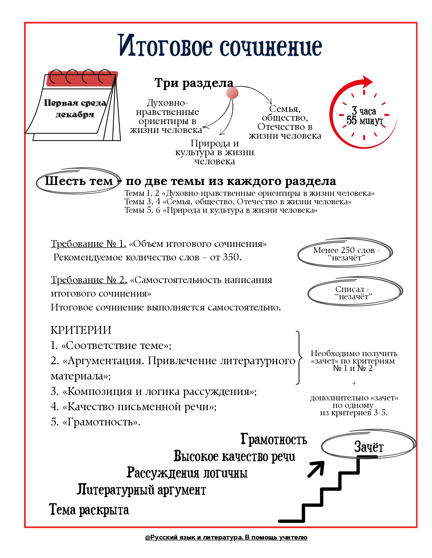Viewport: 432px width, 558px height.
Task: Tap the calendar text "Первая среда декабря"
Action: pyautogui.click(x=75, y=109)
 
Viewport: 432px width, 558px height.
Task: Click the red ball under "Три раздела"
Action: pyautogui.click(x=232, y=93)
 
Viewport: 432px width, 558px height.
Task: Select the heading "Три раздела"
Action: pyautogui.click(x=194, y=83)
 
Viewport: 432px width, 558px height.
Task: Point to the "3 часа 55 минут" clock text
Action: pyautogui.click(x=364, y=116)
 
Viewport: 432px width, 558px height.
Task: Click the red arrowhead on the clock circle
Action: pyautogui.click(x=367, y=82)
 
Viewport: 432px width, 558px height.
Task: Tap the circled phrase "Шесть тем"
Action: pyautogui.click(x=79, y=181)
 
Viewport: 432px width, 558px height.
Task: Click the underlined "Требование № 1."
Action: pyautogui.click(x=88, y=243)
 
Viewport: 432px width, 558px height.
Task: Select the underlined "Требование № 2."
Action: pyautogui.click(x=89, y=280)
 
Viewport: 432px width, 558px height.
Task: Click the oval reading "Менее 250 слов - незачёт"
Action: pyautogui.click(x=346, y=254)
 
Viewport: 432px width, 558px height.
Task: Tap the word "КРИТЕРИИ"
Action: pyautogui.click(x=81, y=330)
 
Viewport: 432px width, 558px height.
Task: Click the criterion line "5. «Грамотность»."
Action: pyautogui.click(x=96, y=422)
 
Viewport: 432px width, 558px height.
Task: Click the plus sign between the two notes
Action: pyautogui.click(x=354, y=383)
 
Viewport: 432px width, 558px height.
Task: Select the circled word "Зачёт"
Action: pyautogui.click(x=368, y=447)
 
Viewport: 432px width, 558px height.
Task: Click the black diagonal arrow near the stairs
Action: pyautogui.click(x=316, y=469)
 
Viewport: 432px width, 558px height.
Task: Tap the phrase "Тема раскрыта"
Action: pyautogui.click(x=89, y=510)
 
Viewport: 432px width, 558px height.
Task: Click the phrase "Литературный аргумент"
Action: pyautogui.click(x=141, y=490)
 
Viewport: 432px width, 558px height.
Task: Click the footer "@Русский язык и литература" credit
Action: pyautogui.click(x=226, y=537)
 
